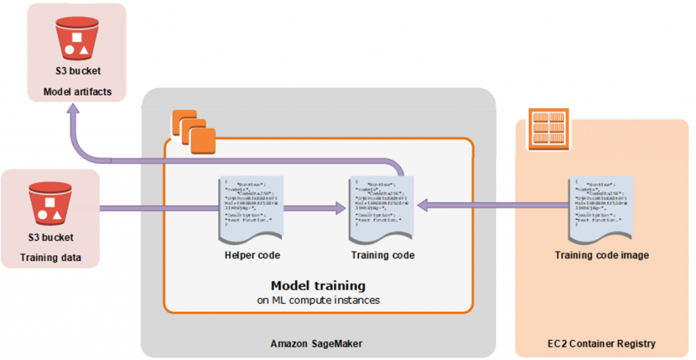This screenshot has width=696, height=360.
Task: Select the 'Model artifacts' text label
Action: pyautogui.click(x=77, y=92)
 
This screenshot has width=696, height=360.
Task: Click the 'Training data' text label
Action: pyautogui.click(x=50, y=257)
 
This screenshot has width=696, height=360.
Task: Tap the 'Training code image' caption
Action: pyautogui.click(x=602, y=256)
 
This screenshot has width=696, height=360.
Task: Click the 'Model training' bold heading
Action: pyautogui.click(x=317, y=285)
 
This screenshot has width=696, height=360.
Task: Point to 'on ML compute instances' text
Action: pyautogui.click(x=318, y=300)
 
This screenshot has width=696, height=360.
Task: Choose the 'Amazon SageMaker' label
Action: pyautogui.click(x=317, y=344)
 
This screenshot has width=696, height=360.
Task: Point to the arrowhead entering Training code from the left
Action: pyautogui.click(x=338, y=211)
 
